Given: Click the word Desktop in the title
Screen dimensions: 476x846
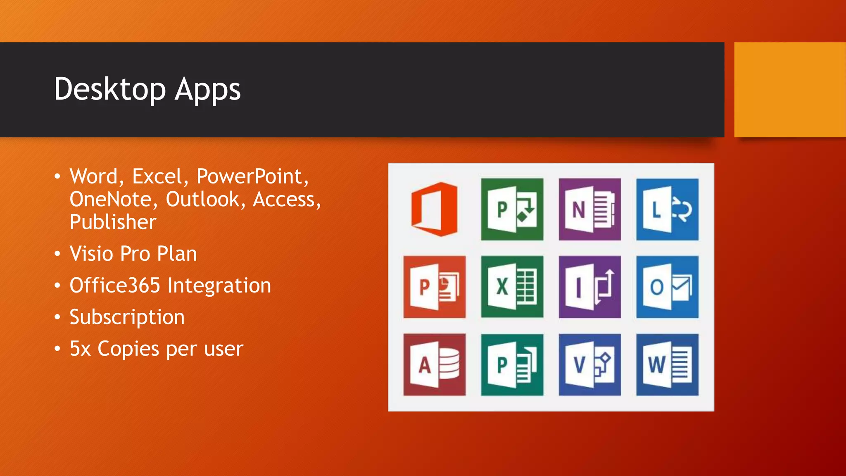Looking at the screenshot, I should (x=109, y=89).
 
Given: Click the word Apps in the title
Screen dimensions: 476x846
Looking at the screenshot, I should (x=207, y=90).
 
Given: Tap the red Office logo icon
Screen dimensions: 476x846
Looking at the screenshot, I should (x=434, y=209).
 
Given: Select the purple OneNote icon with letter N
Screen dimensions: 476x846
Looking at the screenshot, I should (x=589, y=209).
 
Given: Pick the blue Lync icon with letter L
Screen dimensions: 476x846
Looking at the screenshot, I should (x=667, y=209).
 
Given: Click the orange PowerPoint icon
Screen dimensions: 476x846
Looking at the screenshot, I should (x=434, y=287).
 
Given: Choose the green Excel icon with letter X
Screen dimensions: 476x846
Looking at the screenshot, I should (x=512, y=287).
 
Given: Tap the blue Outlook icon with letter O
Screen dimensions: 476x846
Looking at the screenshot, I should (x=667, y=287).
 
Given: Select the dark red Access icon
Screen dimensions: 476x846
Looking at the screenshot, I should (x=434, y=364).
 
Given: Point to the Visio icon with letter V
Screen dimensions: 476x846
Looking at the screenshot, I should (x=589, y=364).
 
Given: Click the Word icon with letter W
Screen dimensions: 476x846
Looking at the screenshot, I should (x=667, y=364).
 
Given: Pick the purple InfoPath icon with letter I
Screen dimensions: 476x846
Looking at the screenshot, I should (x=589, y=287).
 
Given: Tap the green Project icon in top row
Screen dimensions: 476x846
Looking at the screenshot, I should (x=512, y=209).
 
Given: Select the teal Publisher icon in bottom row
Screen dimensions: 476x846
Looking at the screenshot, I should (x=512, y=364).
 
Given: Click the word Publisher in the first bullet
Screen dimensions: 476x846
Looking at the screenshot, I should (x=113, y=222).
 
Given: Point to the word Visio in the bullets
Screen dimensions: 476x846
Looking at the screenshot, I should (x=91, y=254).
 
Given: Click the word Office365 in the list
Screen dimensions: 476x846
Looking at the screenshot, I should (x=114, y=286).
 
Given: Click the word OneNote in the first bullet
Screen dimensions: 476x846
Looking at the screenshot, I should (x=110, y=200).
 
